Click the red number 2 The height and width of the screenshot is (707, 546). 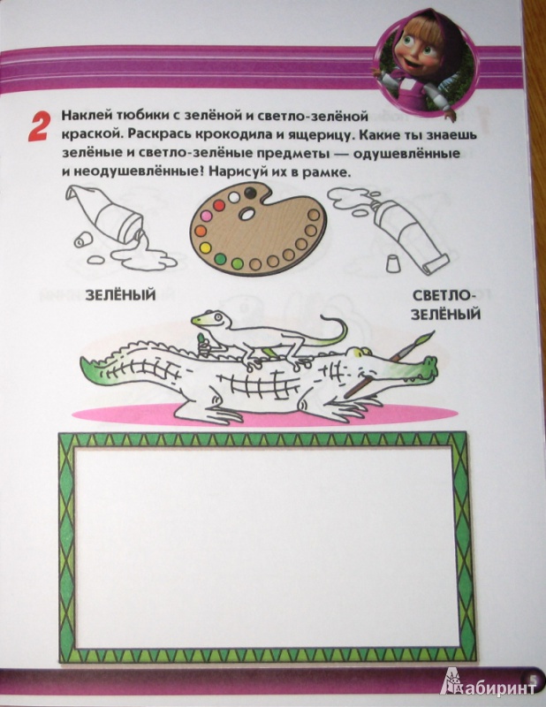38,127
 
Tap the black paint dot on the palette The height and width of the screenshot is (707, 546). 249,193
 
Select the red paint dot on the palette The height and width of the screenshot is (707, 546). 219,206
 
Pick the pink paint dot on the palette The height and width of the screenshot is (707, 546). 207,217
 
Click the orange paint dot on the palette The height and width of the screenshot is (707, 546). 201,232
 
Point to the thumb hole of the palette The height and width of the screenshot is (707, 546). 247,215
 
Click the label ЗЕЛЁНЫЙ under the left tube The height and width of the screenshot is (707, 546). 120,295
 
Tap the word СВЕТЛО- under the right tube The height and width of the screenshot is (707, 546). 445,296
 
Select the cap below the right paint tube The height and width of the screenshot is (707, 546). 393,262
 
